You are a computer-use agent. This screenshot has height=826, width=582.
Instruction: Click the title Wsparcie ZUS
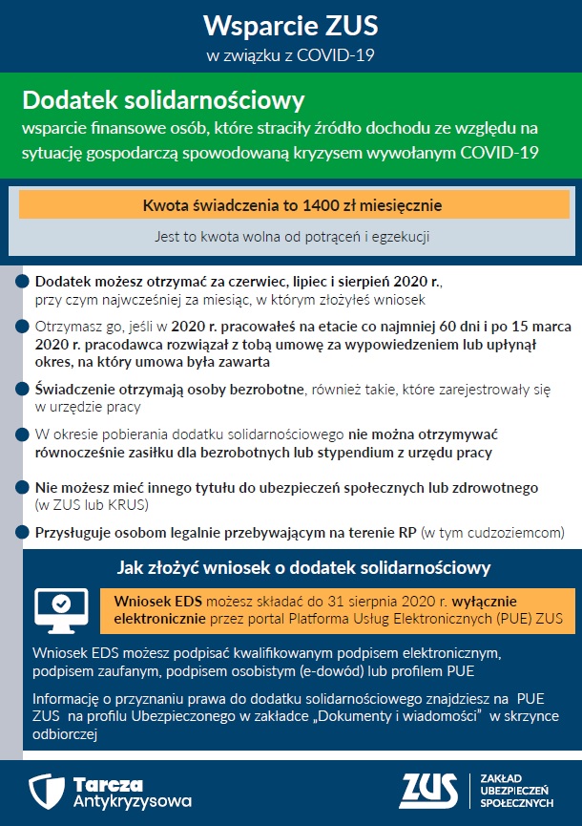click(x=290, y=24)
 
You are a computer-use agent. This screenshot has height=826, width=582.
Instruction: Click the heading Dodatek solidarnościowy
click(x=163, y=100)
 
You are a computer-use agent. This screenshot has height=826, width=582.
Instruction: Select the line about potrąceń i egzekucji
click(x=294, y=236)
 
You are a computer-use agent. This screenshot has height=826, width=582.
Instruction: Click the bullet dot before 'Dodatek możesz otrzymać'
click(x=21, y=282)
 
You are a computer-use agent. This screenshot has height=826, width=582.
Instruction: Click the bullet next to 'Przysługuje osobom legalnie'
click(x=21, y=531)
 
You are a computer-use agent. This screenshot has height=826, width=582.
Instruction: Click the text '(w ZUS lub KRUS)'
click(x=91, y=504)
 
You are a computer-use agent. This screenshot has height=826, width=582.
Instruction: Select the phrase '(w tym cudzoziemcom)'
click(x=493, y=531)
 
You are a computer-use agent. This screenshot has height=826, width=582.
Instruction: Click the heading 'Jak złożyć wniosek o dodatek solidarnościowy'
click(x=303, y=568)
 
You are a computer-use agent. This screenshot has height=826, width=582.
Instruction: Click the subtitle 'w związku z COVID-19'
click(x=290, y=53)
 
